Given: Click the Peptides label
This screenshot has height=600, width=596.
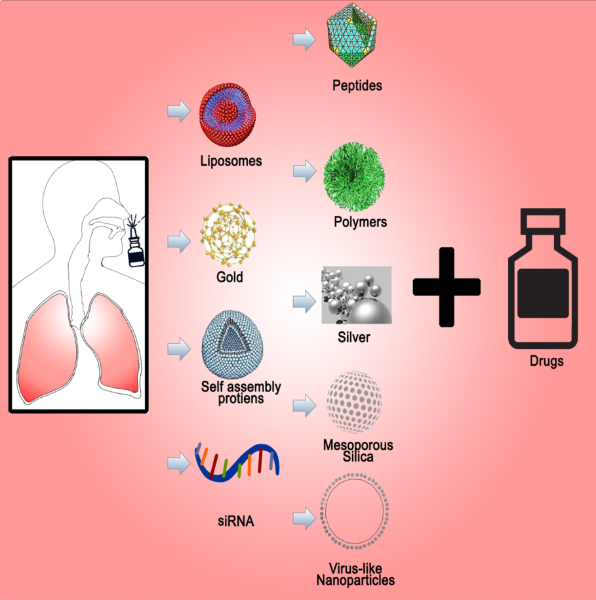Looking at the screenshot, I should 357,85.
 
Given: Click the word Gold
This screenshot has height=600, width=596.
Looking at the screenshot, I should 229,277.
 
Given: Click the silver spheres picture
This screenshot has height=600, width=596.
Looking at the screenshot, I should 356,295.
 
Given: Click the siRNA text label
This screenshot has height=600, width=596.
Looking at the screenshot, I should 235,523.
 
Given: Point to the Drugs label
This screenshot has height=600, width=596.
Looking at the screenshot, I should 547,362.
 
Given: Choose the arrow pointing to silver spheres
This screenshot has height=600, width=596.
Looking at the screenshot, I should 302,301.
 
